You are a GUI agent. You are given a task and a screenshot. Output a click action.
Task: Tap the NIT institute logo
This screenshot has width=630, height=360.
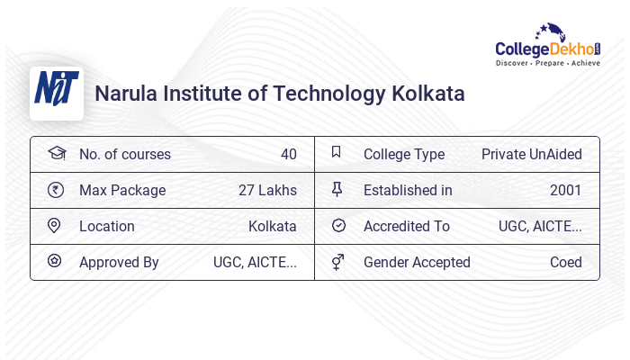(x=57, y=93)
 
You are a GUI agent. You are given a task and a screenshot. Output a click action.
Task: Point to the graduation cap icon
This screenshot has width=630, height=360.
(x=56, y=153)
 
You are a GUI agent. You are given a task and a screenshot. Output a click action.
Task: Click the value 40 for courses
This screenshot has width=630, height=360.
(x=288, y=154)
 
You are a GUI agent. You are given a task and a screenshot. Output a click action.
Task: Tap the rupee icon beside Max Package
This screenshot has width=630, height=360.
(x=55, y=190)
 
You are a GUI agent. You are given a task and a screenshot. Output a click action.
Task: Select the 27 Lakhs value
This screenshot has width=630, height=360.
(x=267, y=190)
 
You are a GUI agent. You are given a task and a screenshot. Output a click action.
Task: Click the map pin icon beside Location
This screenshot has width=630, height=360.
(x=55, y=226)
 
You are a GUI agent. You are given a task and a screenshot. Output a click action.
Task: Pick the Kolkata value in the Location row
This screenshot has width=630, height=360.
(x=272, y=226)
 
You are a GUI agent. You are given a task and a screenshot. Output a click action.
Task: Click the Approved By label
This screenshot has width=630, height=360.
(x=119, y=262)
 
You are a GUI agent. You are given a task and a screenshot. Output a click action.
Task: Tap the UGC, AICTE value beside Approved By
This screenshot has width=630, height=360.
(x=255, y=262)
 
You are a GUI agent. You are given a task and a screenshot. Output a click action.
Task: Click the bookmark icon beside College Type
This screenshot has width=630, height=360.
(x=337, y=153)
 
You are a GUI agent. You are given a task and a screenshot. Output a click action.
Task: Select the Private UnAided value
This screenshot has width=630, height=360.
(x=531, y=154)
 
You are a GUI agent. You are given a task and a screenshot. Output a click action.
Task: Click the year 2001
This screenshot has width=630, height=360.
(x=565, y=190)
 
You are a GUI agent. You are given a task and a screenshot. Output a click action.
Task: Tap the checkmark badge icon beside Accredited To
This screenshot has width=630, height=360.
(x=338, y=226)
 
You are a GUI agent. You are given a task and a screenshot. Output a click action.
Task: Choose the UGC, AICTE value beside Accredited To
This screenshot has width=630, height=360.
(x=540, y=226)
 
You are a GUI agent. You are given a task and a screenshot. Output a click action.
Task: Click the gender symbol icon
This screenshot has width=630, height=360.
(x=337, y=262)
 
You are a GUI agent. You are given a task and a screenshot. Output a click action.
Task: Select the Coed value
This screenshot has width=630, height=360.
(x=565, y=262)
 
